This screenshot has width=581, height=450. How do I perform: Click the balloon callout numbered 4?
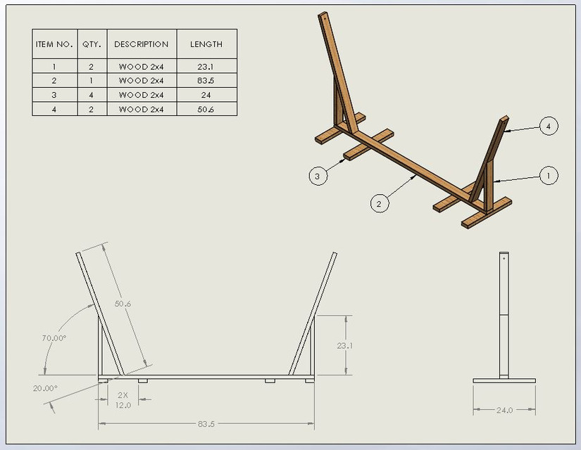coord(549,127)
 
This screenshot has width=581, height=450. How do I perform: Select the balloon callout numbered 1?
coord(549,176)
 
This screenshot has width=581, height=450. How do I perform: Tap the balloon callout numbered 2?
coord(379,204)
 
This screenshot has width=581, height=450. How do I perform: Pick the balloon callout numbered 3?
coord(318,176)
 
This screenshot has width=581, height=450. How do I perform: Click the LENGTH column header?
coord(206,44)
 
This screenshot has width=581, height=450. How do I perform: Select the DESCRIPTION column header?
coord(141,44)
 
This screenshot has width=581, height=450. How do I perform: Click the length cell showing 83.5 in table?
coord(206,80)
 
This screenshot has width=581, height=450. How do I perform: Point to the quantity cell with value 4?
coord(92,95)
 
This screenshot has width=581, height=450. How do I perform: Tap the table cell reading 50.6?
coord(206,110)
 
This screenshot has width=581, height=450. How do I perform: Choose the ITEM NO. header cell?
coord(54,44)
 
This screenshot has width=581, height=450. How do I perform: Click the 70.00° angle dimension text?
coord(54,338)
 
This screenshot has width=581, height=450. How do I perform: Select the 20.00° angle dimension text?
coord(44,388)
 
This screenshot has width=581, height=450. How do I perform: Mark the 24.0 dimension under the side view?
coord(504,410)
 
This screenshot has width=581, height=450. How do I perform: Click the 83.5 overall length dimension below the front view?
coord(206,424)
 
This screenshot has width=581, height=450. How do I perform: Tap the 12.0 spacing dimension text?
coord(123,404)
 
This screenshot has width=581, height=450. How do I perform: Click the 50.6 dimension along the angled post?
coord(123,303)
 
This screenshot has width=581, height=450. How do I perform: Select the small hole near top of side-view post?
coord(504,258)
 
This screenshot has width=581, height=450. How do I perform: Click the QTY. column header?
coord(92,44)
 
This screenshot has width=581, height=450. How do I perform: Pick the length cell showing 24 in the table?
coord(206,95)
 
